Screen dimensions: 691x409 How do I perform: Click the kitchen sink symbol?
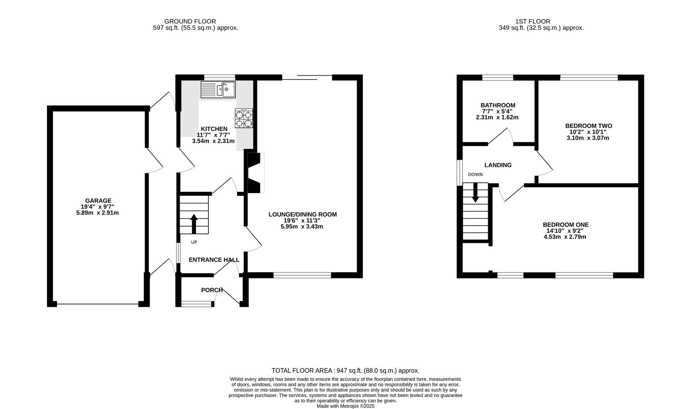point(218,90)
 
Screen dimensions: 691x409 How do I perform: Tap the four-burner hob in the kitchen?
point(244,118)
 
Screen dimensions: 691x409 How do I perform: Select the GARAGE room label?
point(98,201)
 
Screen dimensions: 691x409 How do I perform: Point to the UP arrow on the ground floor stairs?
point(194,224)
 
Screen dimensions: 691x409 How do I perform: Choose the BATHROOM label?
point(498,105)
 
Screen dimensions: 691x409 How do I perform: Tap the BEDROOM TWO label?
point(588,126)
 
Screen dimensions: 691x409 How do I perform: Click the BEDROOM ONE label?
point(566,225)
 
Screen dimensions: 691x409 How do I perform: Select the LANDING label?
point(498,165)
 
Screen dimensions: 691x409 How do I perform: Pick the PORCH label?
point(212,290)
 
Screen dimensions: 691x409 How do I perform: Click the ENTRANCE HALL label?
point(214,260)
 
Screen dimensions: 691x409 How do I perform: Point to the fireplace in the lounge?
point(255,173)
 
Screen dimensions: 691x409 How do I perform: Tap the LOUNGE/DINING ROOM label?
point(302,214)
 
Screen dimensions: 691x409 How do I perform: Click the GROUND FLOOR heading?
point(190,22)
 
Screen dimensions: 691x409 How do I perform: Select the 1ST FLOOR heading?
point(533,22)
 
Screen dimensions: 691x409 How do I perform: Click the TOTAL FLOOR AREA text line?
point(345,371)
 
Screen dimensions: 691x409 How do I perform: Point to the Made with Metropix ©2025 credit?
point(345,406)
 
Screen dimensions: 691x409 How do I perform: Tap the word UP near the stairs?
point(194,242)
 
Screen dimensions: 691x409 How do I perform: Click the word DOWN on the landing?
point(475,175)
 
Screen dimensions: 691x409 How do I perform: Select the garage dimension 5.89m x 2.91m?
point(97,213)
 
